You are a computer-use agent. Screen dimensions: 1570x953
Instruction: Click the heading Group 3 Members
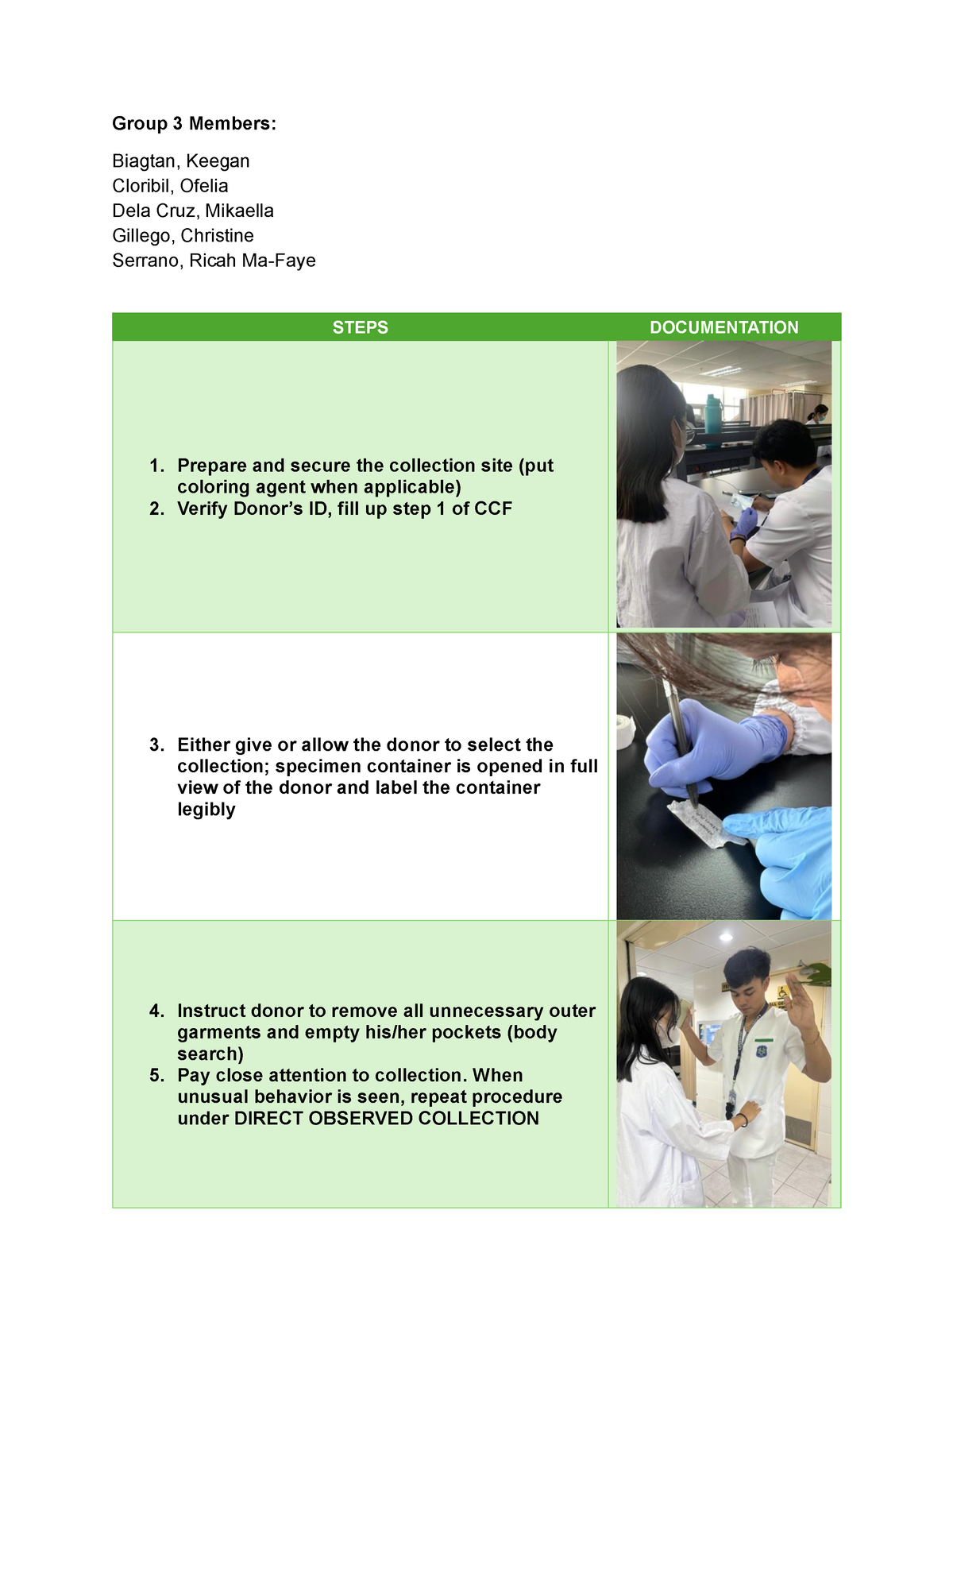[x=194, y=123]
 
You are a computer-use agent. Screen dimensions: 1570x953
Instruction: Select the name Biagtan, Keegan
[x=181, y=161]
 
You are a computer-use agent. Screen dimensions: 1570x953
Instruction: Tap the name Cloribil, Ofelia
[x=170, y=186]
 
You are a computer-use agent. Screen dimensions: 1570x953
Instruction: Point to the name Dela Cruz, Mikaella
[x=193, y=211]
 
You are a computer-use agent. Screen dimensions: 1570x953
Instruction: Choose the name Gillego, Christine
[x=183, y=236]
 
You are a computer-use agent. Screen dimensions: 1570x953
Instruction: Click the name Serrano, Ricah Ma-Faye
[x=214, y=261]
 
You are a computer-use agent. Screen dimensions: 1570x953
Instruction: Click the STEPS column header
[x=360, y=327]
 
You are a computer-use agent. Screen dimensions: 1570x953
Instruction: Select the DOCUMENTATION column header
[x=723, y=327]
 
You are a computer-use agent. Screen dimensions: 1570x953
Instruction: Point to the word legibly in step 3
[x=206, y=810]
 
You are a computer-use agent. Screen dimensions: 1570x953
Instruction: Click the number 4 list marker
[x=156, y=1011]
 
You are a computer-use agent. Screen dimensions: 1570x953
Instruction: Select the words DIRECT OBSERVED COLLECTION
[x=386, y=1119]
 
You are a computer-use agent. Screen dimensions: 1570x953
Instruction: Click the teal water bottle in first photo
[x=713, y=414]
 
